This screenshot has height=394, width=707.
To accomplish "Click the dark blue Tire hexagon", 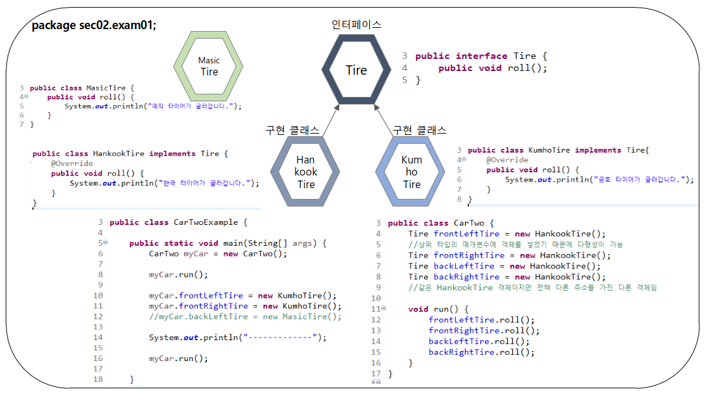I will pos(356,70).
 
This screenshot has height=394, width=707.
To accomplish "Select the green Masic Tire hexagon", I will pos(209,66).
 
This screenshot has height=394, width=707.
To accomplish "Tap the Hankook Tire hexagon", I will pos(306,172).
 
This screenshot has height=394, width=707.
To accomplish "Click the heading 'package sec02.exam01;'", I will pos(94,25).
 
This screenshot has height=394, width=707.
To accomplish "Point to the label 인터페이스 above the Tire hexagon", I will pos(356,25).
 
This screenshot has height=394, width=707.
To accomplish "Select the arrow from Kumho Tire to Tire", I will pos(384,120).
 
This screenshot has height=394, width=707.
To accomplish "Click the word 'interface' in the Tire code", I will pos(481,56).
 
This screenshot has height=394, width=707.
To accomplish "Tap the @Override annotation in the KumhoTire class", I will pos(507,160).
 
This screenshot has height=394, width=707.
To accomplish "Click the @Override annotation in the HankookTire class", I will pos(72,163).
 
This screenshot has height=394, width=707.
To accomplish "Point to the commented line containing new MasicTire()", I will pos(245,317).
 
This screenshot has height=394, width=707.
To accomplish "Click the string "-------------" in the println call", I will pos(283,338).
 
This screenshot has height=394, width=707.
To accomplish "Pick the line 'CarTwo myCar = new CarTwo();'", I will pos(218,253).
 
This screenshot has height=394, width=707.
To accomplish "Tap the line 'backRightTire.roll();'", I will pos(481,352).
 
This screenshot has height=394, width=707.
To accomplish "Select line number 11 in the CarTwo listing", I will pos(376,309).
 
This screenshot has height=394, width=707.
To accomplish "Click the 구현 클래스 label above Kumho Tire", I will pos(419,130).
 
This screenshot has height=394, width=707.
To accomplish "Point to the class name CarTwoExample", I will pos(206,222).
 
